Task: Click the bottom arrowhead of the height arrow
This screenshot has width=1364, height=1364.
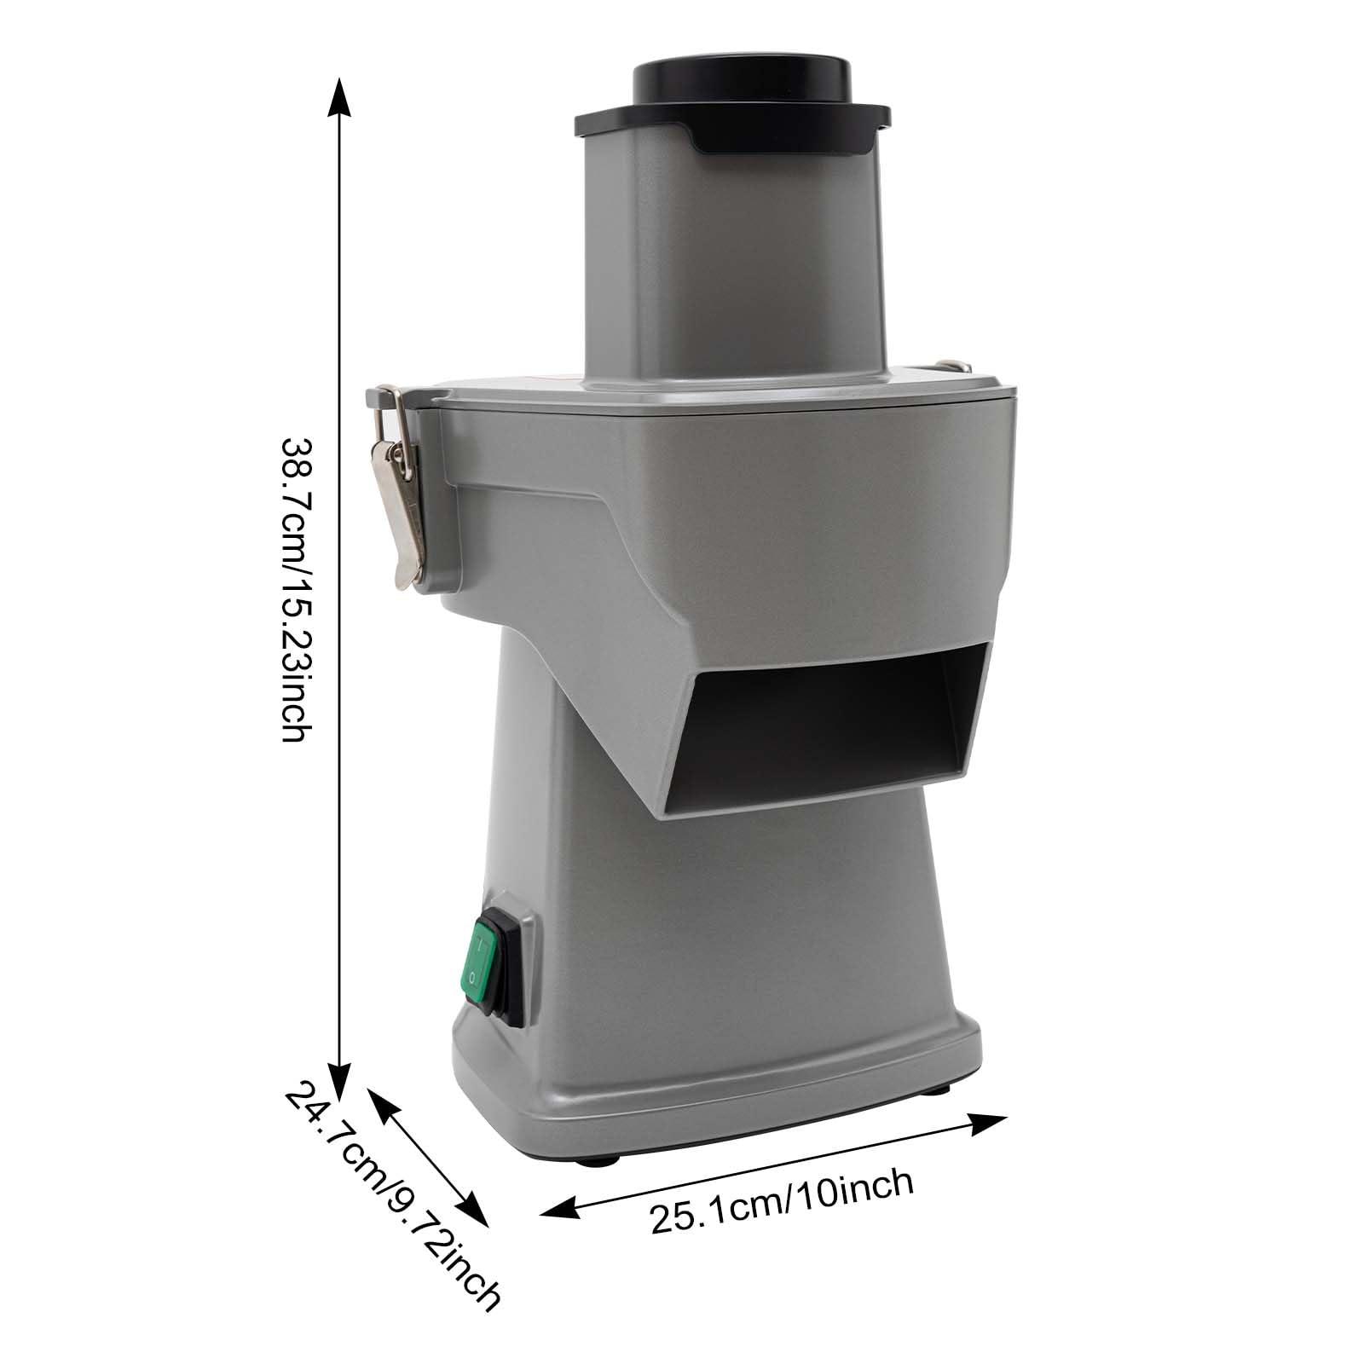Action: (340, 1069)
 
